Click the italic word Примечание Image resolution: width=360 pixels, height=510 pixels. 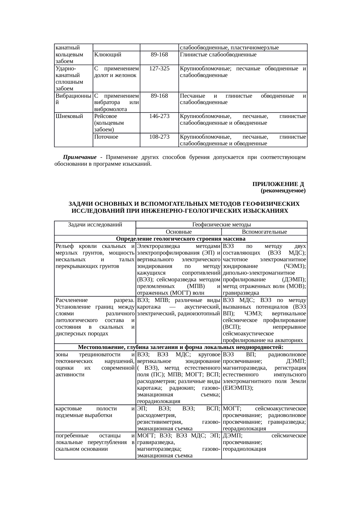tap(80, 158)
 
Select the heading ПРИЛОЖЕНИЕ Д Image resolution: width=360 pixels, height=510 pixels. tap(278, 185)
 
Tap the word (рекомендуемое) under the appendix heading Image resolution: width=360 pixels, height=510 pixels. tap(283, 191)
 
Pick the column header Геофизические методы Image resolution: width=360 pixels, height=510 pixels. tap(222, 225)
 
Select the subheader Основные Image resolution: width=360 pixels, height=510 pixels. tap(179, 232)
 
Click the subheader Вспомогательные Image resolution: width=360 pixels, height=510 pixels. tap(264, 232)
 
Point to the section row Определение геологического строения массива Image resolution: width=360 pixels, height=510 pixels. tap(181, 239)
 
